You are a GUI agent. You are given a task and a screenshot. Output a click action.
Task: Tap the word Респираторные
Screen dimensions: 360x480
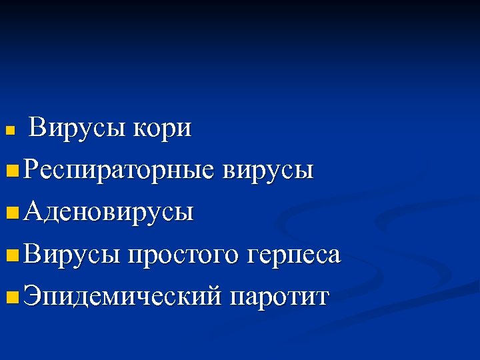(118, 171)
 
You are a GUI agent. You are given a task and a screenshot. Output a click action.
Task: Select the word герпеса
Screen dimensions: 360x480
(294, 255)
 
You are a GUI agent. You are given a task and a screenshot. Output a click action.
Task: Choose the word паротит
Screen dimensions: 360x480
(279, 297)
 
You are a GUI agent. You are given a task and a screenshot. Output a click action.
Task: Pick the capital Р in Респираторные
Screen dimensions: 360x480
(30, 170)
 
